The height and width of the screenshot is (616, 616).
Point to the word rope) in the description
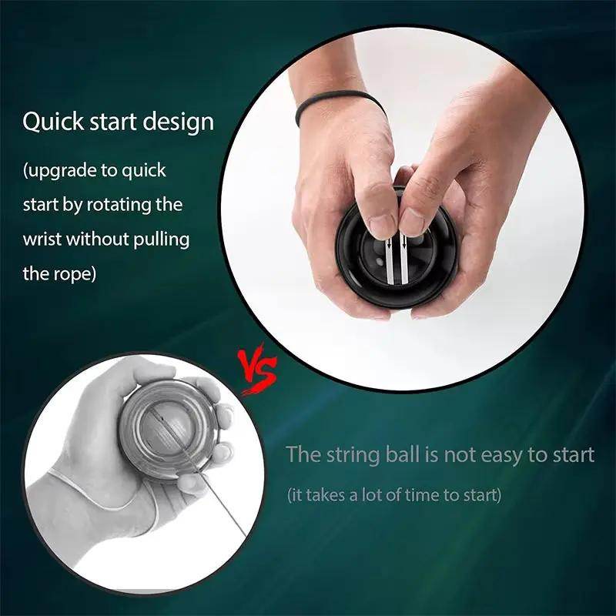click(75, 273)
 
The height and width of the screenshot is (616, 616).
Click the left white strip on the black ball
click(388, 258)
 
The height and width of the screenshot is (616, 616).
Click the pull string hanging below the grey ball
click(223, 508)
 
